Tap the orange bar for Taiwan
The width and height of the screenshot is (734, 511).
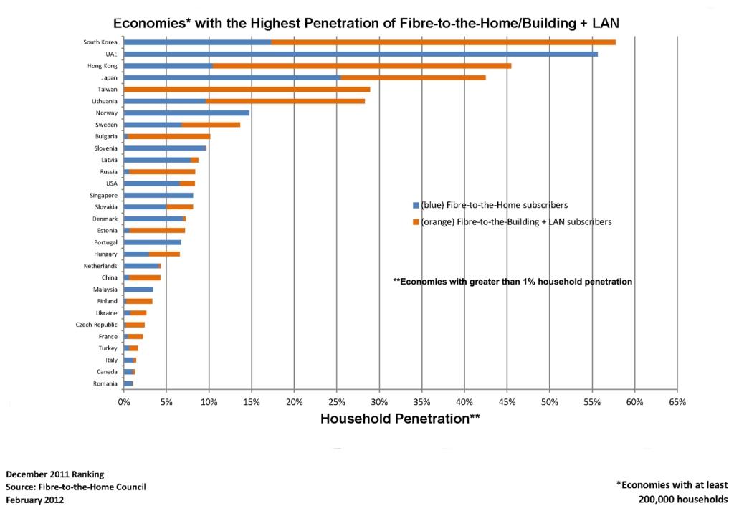pyautogui.click(x=247, y=90)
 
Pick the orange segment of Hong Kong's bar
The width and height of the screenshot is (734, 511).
pyautogui.click(x=362, y=66)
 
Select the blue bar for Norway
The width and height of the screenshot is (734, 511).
pyautogui.click(x=186, y=113)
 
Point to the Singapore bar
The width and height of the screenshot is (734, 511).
pyautogui.click(x=158, y=195)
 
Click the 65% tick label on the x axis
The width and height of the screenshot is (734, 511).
pyautogui.click(x=677, y=402)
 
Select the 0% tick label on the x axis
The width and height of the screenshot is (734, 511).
pyautogui.click(x=124, y=402)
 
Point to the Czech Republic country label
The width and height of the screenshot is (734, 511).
pyautogui.click(x=92, y=325)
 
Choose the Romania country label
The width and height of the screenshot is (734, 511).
pyautogui.click(x=105, y=383)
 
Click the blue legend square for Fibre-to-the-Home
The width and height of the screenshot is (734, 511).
pyautogui.click(x=415, y=205)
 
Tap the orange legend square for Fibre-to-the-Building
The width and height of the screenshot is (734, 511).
pyautogui.click(x=415, y=222)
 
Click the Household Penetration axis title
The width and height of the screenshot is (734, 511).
pyautogui.click(x=399, y=419)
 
